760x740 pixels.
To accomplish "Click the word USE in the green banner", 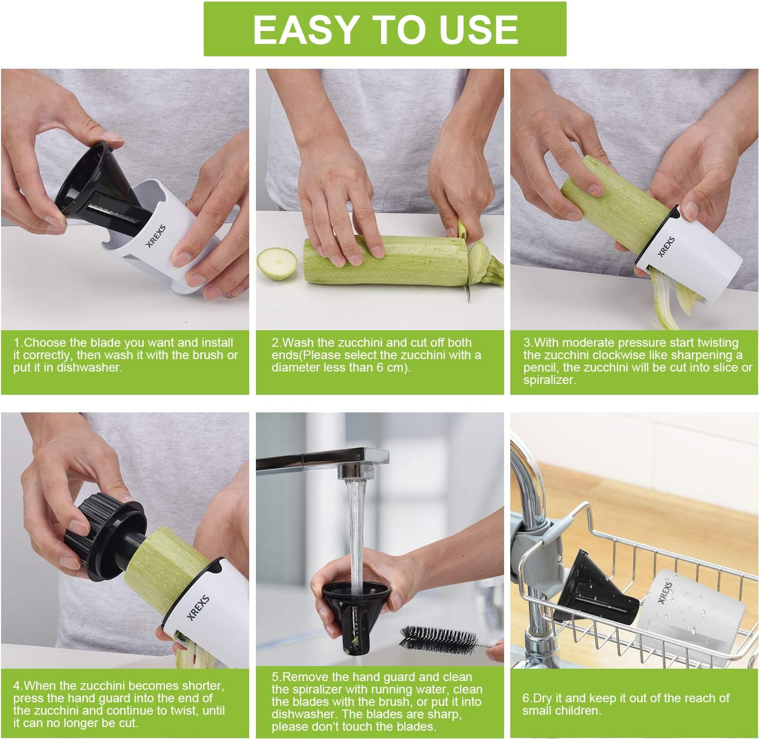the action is tap(479, 29).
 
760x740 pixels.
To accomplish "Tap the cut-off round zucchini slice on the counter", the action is tap(277, 264).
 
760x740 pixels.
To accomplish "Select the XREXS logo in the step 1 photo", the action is tap(156, 236).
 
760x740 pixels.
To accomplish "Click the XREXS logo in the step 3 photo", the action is tap(666, 246).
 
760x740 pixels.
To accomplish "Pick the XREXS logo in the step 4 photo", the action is tap(198, 608).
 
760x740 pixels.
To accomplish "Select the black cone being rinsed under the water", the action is tap(355, 618).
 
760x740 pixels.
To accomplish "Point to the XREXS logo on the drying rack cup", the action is tap(665, 593).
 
